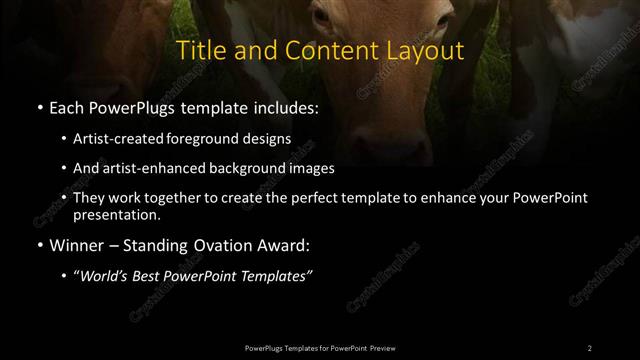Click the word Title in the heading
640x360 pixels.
[x=199, y=51]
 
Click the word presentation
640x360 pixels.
[x=115, y=214]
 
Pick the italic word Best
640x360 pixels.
[x=152, y=277]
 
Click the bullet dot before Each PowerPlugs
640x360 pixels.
[x=38, y=106]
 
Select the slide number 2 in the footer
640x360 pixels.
[x=589, y=347]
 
